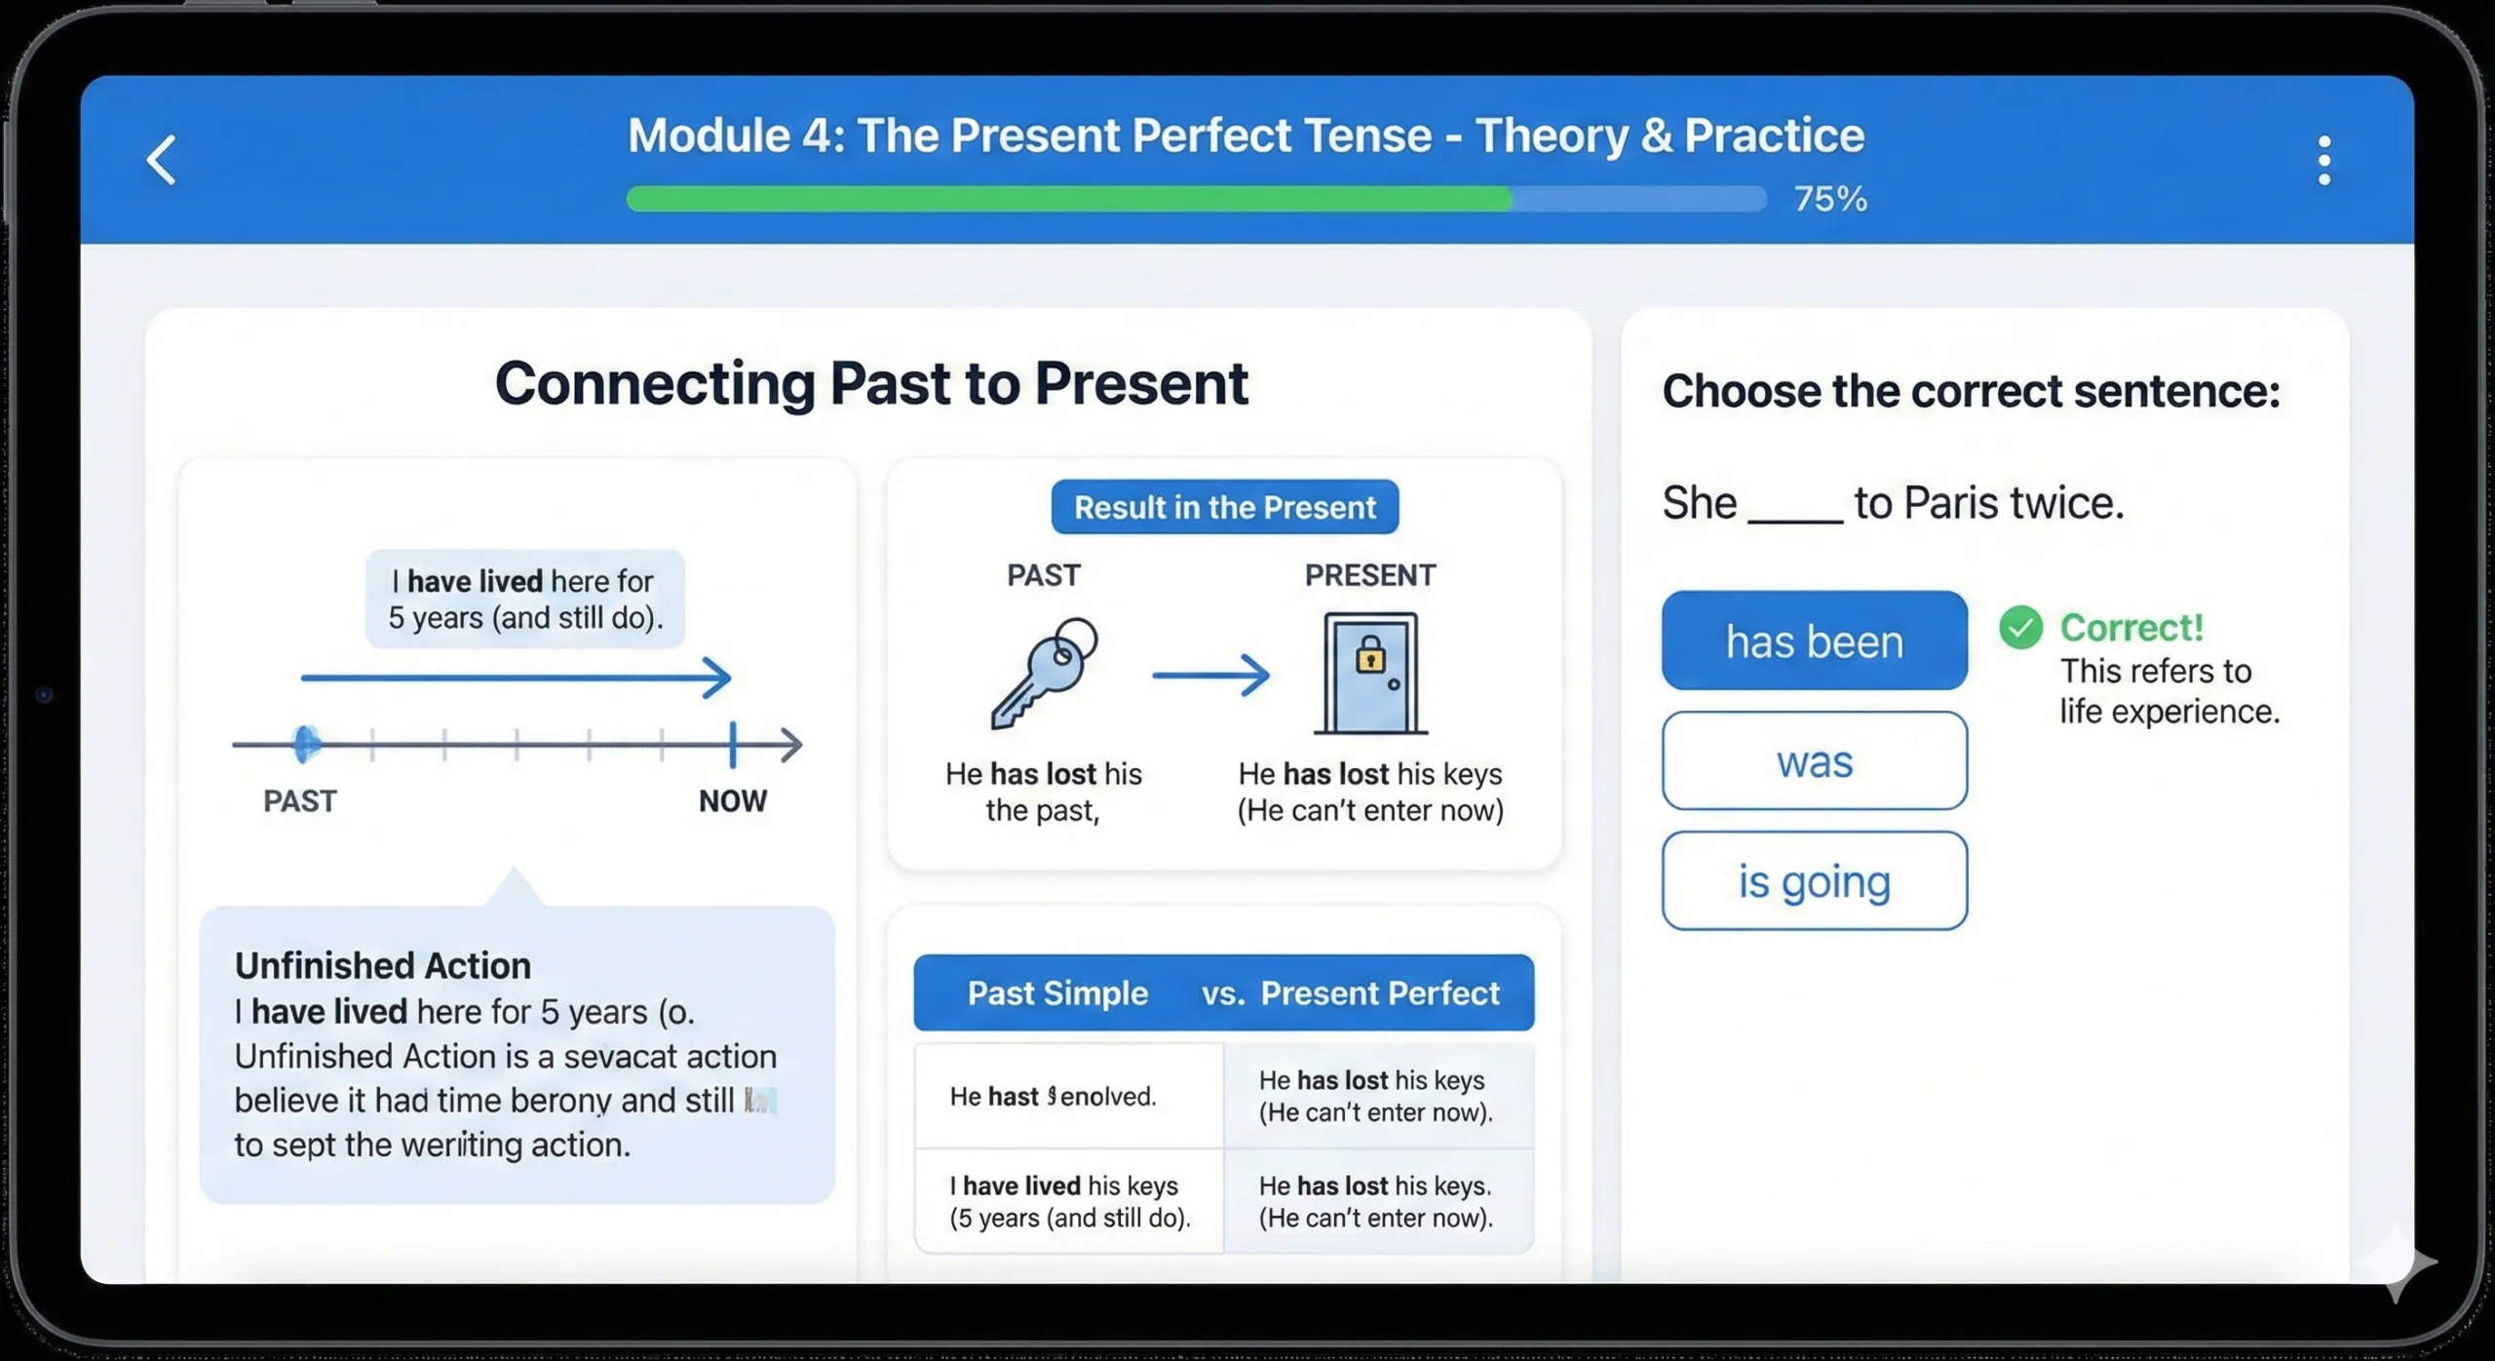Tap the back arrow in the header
coord(162,160)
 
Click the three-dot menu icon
coord(2323,160)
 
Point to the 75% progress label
coord(1830,199)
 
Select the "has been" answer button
coord(1814,641)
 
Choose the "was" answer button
coord(1814,760)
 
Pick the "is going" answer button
coord(1814,880)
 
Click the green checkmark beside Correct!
coord(2020,628)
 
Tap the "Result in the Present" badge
coord(1224,507)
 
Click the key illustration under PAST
coord(1044,673)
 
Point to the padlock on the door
coord(1370,654)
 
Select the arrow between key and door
coord(1210,675)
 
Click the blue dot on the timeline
coord(306,744)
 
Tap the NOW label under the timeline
coord(732,801)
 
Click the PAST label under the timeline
coord(300,801)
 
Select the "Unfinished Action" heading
coord(383,965)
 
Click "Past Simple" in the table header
coord(1057,992)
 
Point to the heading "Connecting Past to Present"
coord(871,383)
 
